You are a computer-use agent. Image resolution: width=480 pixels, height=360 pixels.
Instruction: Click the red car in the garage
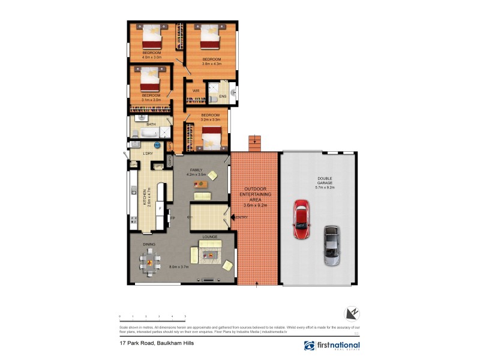pos(301,220)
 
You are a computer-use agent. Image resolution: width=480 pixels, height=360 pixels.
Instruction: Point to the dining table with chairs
pos(150,260)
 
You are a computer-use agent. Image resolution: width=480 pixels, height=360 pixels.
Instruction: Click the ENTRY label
pos(242,217)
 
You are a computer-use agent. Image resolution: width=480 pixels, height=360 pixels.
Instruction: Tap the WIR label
pos(196,91)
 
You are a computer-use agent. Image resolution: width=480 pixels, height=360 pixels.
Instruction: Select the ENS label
pos(222,96)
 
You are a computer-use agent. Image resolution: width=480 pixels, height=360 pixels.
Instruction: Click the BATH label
pos(151,124)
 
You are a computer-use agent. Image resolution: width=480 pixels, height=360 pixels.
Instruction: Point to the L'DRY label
pos(148,154)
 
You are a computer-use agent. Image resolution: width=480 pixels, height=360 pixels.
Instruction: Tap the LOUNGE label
pos(209,237)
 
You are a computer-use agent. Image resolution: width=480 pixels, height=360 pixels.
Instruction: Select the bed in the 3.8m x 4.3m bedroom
pos(209,39)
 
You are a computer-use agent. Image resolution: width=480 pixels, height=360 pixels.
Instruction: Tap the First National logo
pos(332,346)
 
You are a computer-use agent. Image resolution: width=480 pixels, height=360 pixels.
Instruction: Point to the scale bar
pos(152,316)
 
